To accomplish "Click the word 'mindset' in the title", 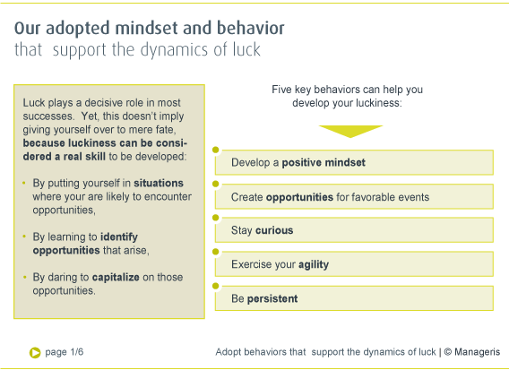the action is pyautogui.click(x=146, y=29).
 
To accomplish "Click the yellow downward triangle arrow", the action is pyautogui.click(x=350, y=132).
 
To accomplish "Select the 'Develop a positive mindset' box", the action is pyautogui.click(x=354, y=162).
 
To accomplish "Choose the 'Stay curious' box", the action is pyautogui.click(x=354, y=230).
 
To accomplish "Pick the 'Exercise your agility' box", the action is pyautogui.click(x=354, y=264).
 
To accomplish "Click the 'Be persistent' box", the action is pyautogui.click(x=354, y=298).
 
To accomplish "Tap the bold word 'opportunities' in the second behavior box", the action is pyautogui.click(x=299, y=197).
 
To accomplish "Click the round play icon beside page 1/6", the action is pyautogui.click(x=35, y=353).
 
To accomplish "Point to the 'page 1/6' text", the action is pyautogui.click(x=65, y=352).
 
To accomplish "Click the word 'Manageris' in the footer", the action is pyautogui.click(x=477, y=352).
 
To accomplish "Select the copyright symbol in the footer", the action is pyautogui.click(x=448, y=352).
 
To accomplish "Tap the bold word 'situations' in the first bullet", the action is pyautogui.click(x=159, y=183).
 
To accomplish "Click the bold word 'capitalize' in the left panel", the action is pyautogui.click(x=116, y=277).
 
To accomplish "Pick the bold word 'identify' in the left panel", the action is pyautogui.click(x=119, y=237).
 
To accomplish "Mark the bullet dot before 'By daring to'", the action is pyautogui.click(x=24, y=277).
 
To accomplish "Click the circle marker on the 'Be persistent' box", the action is pyautogui.click(x=216, y=286).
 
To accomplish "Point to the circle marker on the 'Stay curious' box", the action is pyautogui.click(x=216, y=218).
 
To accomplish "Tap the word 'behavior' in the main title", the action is pyautogui.click(x=251, y=29).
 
